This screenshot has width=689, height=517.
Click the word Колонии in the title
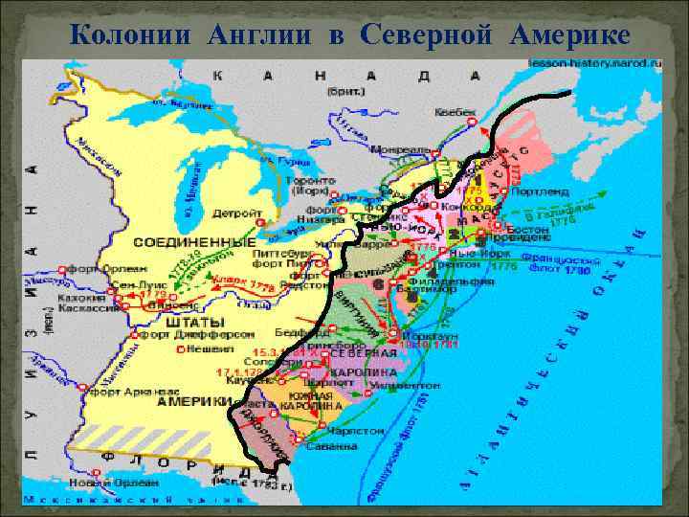coord(122,35)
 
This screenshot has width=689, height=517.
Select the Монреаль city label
coord(400,150)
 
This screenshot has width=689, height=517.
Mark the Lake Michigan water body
coord(182,191)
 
